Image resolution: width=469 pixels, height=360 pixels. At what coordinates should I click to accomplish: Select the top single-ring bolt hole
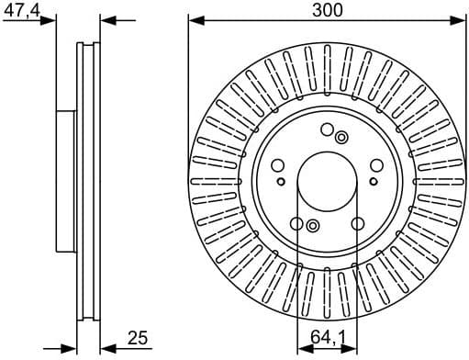[x=327, y=129]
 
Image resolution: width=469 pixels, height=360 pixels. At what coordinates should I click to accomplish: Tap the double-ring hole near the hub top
[x=341, y=138]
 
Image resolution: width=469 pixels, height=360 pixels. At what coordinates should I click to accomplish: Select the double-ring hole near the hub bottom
[x=312, y=226]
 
